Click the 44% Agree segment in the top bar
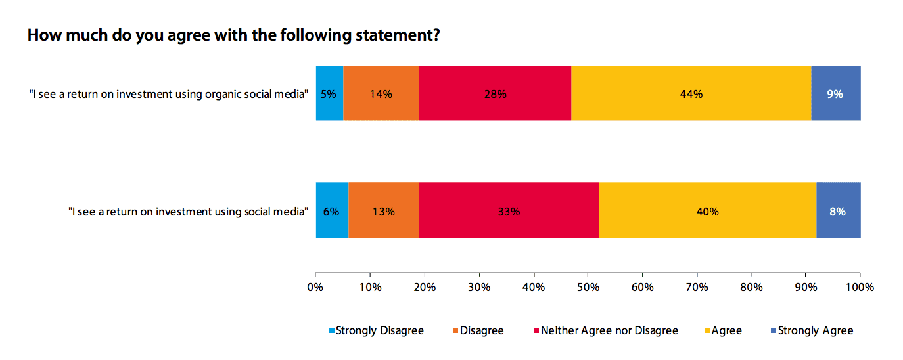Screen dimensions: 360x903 (x=691, y=93)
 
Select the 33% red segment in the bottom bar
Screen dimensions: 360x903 (x=509, y=211)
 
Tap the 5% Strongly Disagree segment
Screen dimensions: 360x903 (x=329, y=93)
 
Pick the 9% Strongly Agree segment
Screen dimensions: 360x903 (x=835, y=93)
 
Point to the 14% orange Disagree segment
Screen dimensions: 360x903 (x=381, y=93)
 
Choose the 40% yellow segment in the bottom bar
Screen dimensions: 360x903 (x=707, y=211)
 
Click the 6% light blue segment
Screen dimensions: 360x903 (x=332, y=211)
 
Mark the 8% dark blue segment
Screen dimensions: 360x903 (x=838, y=211)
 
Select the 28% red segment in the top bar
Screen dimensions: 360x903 (x=495, y=93)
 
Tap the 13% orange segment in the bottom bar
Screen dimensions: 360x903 (x=383, y=211)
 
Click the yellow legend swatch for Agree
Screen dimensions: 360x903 (x=706, y=330)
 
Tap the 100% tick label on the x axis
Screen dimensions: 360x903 (x=860, y=287)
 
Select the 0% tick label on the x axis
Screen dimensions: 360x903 (x=315, y=287)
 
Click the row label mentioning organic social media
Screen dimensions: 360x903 (x=169, y=94)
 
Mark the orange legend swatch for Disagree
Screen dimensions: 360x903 (x=455, y=330)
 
